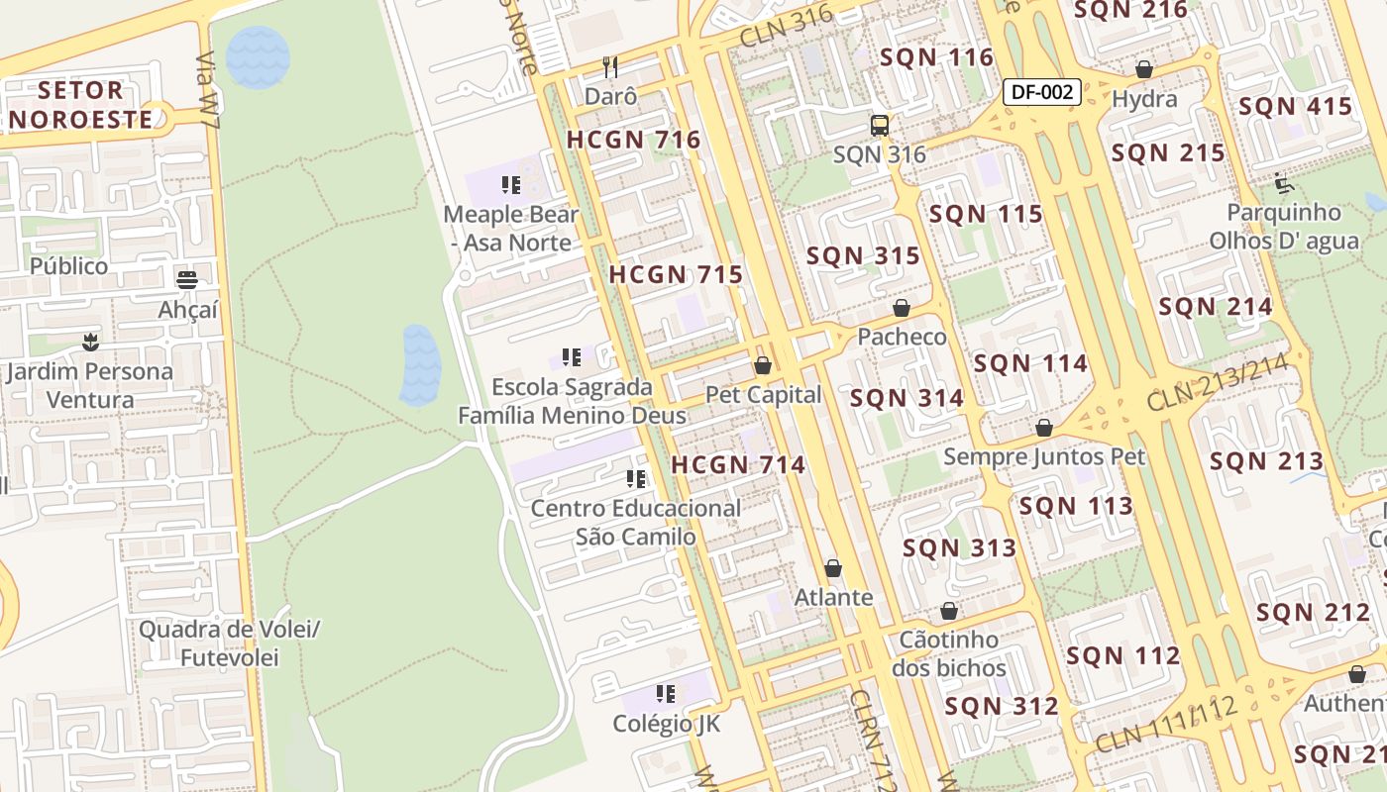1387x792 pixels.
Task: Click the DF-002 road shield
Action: (x=1041, y=92)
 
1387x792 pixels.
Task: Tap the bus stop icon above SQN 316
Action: (x=880, y=126)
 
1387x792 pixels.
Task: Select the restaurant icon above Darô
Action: (x=610, y=67)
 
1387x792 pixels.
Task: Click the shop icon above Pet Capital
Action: (x=763, y=365)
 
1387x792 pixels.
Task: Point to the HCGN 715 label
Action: (x=676, y=274)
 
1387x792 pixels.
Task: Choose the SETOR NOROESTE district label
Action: (x=82, y=105)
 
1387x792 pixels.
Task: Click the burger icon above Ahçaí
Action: (x=187, y=279)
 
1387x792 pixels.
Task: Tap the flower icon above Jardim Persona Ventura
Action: (x=91, y=343)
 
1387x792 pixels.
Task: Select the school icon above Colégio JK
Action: (x=666, y=693)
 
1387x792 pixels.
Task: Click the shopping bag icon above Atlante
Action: (x=833, y=568)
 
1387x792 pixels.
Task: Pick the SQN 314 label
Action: (x=907, y=398)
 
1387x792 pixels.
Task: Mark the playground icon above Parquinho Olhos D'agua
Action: (x=1284, y=182)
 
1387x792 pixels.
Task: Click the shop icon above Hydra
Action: (x=1144, y=69)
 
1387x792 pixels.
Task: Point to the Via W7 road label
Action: (x=207, y=84)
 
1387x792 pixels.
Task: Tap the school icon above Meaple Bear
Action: (x=511, y=184)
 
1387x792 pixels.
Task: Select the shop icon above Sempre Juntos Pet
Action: (x=1044, y=428)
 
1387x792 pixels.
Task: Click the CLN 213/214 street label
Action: (x=1219, y=382)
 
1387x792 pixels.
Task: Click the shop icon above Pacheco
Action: (x=902, y=308)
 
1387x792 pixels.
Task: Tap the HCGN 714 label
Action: (x=738, y=463)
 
